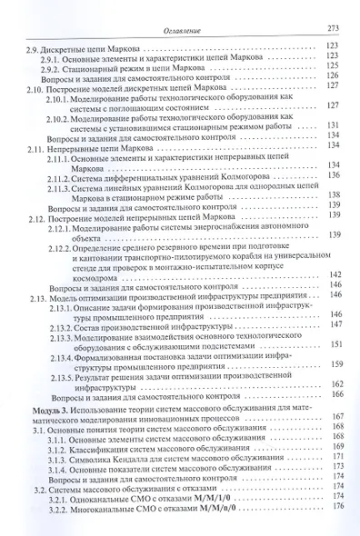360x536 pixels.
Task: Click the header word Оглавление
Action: pos(189,30)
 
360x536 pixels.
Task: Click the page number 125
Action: pos(333,65)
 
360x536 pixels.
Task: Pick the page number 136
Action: pos(333,174)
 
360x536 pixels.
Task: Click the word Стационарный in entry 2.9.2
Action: pos(99,65)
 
